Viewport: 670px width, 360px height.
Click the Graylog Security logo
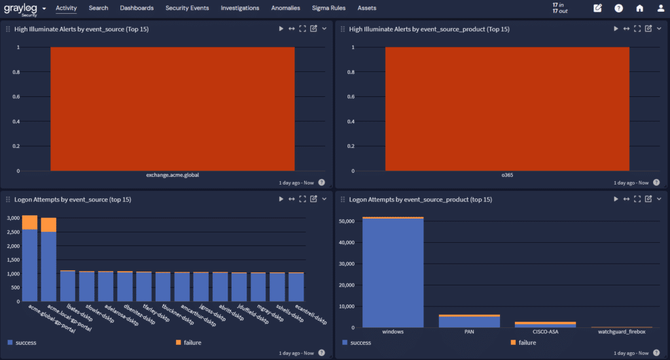[21, 9]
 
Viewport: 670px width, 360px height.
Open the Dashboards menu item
[137, 8]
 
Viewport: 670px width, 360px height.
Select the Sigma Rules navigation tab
[328, 8]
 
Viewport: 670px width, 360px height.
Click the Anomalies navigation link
[285, 8]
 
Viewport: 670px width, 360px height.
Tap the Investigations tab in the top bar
[239, 8]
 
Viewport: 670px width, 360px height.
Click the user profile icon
[661, 9]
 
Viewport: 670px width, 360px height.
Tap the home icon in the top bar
[640, 9]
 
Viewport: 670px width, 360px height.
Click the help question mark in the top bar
[618, 9]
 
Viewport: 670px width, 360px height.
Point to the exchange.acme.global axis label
[172, 175]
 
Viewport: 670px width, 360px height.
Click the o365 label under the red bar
[507, 175]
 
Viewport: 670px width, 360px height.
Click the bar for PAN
[468, 322]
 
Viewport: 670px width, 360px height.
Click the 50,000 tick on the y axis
[345, 221]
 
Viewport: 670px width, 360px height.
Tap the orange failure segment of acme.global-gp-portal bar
[29, 223]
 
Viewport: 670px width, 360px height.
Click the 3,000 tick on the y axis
[13, 218]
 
